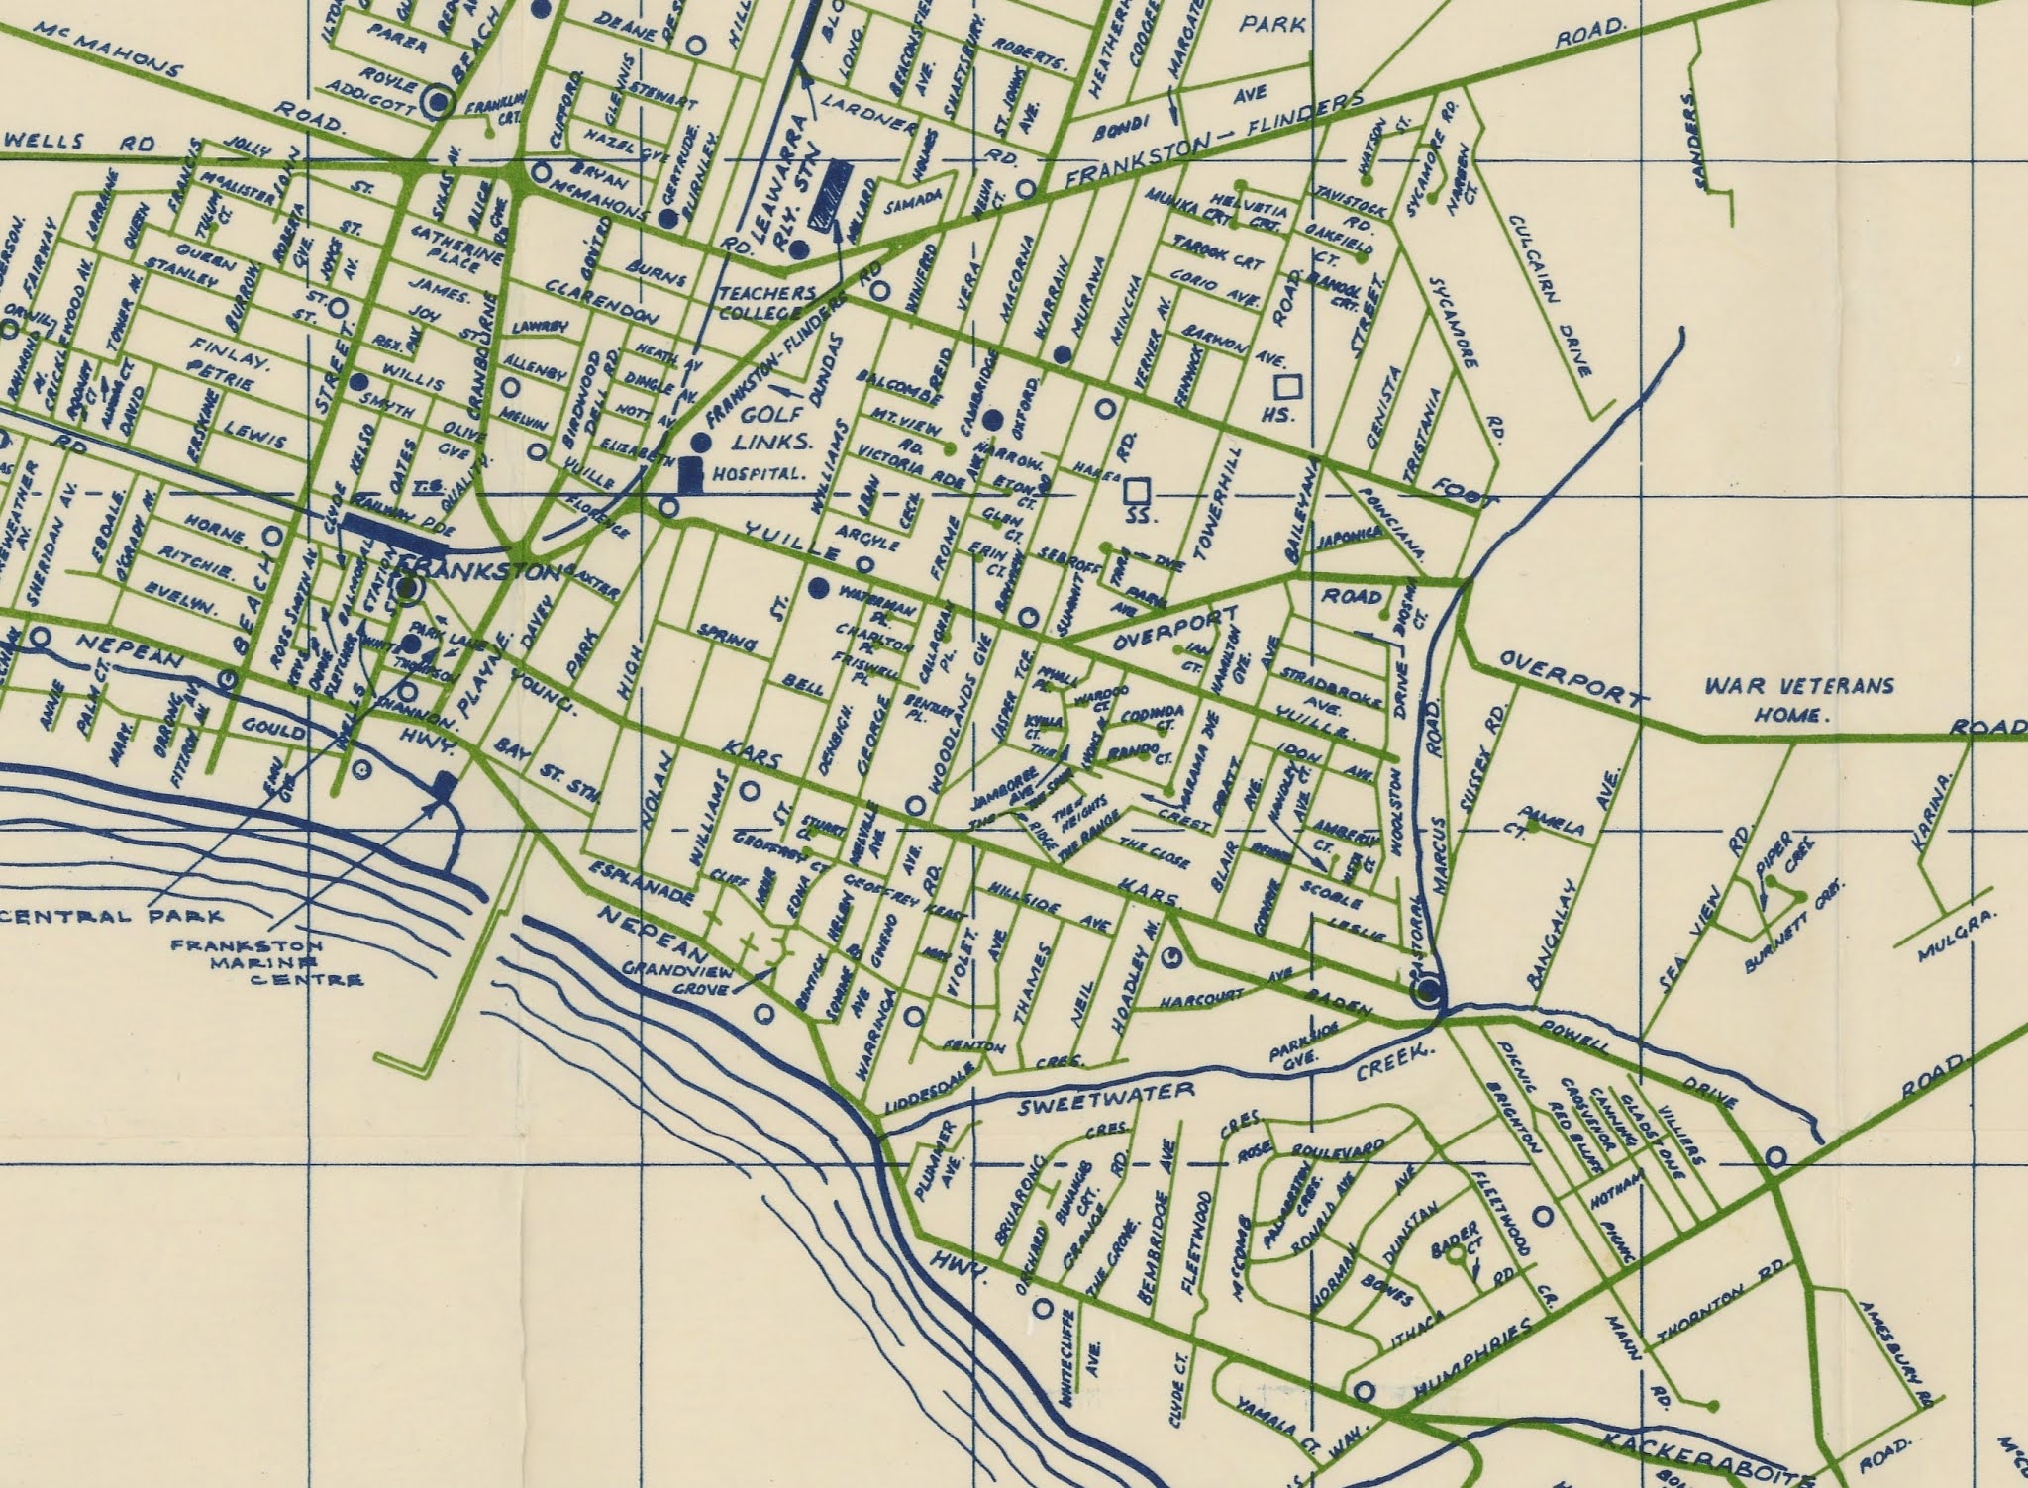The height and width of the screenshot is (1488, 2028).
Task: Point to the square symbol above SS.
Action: pyautogui.click(x=1138, y=490)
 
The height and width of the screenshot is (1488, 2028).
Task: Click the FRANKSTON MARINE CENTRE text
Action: pyautogui.click(x=265, y=962)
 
